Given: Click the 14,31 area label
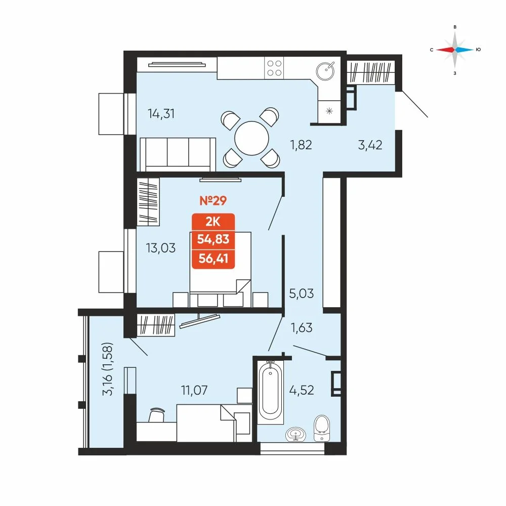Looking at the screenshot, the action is pyautogui.click(x=161, y=113).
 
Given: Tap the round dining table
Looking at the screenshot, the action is pyautogui.click(x=251, y=139).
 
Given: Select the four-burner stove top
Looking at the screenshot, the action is pyautogui.click(x=274, y=68).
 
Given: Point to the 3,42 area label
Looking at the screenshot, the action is pyautogui.click(x=370, y=145).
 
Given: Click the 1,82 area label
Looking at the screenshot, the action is pyautogui.click(x=301, y=145).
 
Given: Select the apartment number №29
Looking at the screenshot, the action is pyautogui.click(x=213, y=200).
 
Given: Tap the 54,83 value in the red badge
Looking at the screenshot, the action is pyautogui.click(x=213, y=239).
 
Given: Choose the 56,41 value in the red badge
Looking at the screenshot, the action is pyautogui.click(x=214, y=259).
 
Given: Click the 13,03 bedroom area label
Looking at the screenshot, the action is pyautogui.click(x=161, y=248).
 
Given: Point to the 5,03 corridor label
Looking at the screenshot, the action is pyautogui.click(x=302, y=293).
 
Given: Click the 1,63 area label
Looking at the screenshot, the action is pyautogui.click(x=302, y=327).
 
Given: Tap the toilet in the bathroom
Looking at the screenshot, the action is pyautogui.click(x=322, y=428).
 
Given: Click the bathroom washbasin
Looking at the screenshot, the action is pyautogui.click(x=296, y=434).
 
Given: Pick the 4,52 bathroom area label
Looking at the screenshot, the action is pyautogui.click(x=302, y=390).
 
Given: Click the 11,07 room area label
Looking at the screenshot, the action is pyautogui.click(x=194, y=390).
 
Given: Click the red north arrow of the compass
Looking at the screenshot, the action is pyautogui.click(x=445, y=50).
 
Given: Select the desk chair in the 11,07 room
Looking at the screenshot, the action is pyautogui.click(x=157, y=415).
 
